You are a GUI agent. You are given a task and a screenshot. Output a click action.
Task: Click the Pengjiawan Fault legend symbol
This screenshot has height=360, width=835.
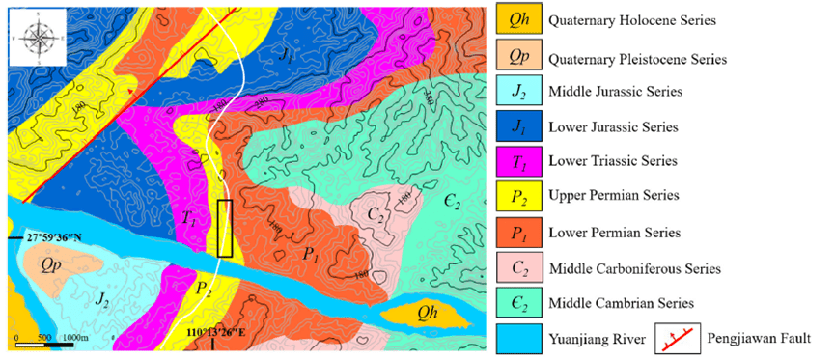pyautogui.click(x=678, y=338)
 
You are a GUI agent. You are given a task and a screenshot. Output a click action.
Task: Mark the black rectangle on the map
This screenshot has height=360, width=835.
pyautogui.click(x=225, y=228)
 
